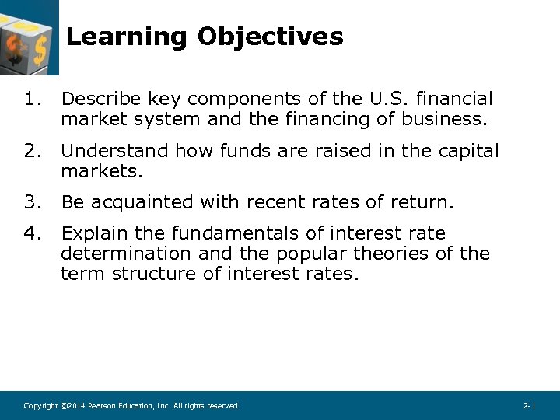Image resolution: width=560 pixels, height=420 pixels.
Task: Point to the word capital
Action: click(x=465, y=150)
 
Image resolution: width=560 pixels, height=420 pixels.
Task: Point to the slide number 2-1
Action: click(x=530, y=406)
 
